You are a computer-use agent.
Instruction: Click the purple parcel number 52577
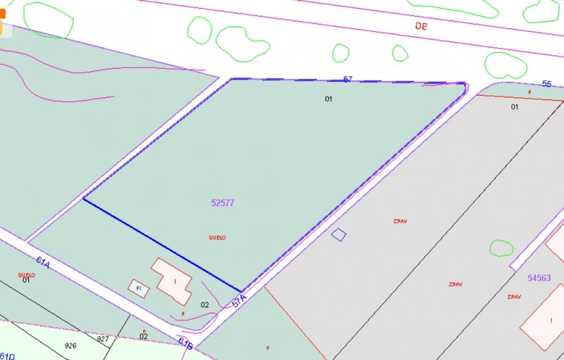223,203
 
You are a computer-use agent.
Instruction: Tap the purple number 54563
539,278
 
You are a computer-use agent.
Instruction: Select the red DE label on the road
421,26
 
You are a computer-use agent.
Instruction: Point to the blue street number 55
547,84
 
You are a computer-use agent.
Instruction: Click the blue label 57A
239,301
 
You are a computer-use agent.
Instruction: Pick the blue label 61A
43,263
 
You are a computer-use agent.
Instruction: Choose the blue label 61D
7,356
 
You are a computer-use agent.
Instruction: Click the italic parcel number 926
70,345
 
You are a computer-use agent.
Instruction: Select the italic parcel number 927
103,339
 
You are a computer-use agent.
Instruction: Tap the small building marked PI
139,288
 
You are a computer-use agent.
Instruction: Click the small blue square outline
338,234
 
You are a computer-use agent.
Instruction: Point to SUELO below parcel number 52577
217,238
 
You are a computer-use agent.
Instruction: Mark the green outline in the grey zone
502,248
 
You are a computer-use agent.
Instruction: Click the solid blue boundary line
162,245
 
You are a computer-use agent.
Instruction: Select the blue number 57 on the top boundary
347,80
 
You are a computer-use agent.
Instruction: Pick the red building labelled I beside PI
173,280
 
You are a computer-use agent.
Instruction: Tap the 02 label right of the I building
205,304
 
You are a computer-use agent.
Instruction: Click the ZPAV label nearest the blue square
401,221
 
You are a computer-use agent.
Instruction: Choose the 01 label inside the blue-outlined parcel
328,99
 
